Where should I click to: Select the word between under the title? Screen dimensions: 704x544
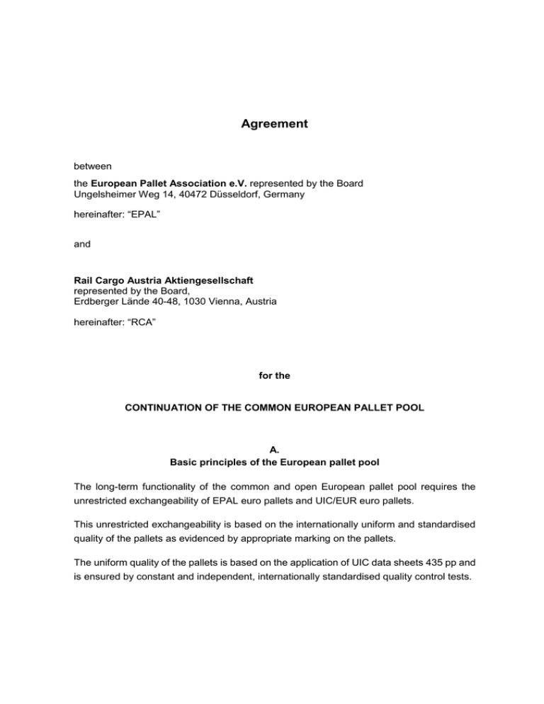tap(93, 166)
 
